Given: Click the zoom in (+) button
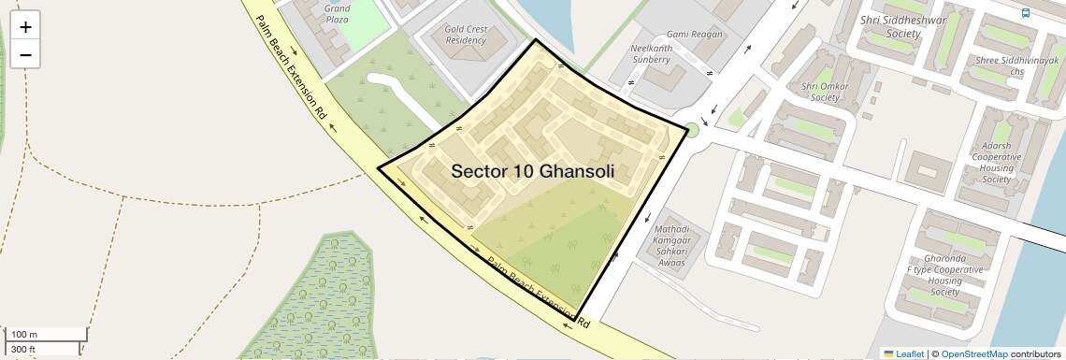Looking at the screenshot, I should click(25, 27).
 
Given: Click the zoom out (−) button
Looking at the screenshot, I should click(25, 55).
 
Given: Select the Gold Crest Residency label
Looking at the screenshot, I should click(466, 35).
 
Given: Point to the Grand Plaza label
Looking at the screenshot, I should click(337, 14).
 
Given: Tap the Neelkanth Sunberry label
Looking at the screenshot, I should click(651, 53).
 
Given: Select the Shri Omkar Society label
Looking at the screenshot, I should click(813, 92).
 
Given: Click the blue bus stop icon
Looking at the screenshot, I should click(1026, 13).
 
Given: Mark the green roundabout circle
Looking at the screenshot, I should click(693, 129).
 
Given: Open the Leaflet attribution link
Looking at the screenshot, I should click(910, 353).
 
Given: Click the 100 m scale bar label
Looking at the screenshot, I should click(25, 335).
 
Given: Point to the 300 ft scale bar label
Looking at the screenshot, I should click(23, 350).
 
